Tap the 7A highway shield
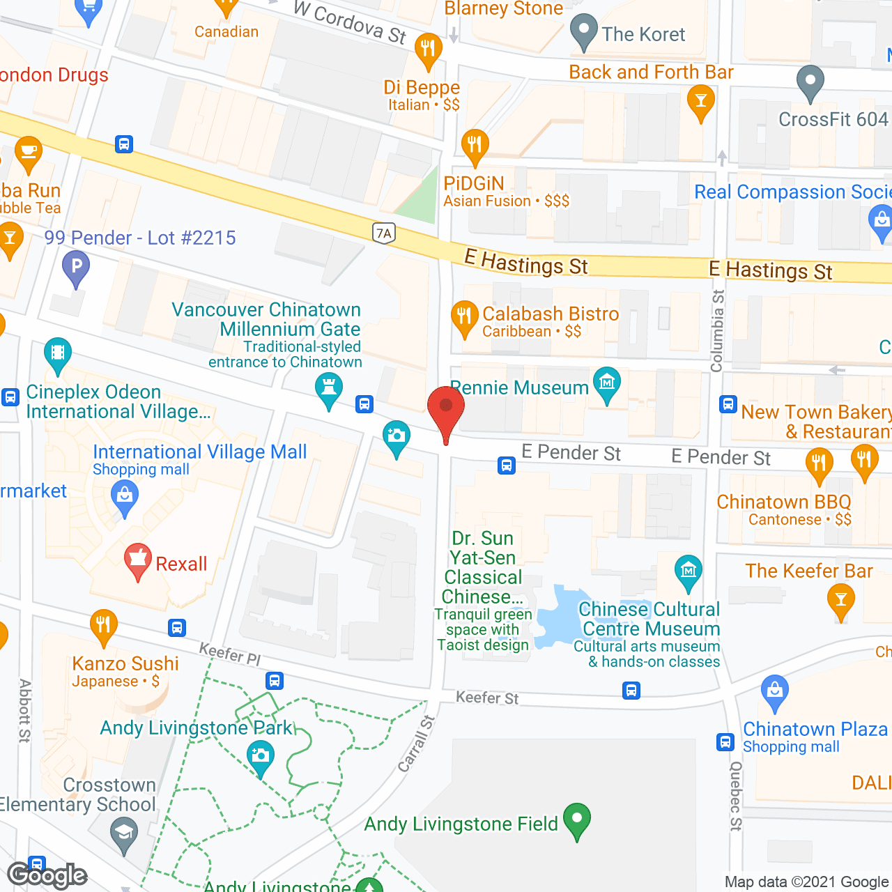(x=383, y=233)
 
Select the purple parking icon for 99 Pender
(x=76, y=268)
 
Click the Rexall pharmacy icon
(x=138, y=560)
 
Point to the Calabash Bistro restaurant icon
(x=463, y=318)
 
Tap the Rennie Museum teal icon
(x=607, y=384)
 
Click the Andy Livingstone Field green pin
(x=577, y=820)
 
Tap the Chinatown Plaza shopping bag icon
(x=774, y=692)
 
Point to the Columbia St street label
(x=717, y=331)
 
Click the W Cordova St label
(x=350, y=22)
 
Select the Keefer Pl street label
(x=230, y=654)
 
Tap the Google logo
(x=47, y=875)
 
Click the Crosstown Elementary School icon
(x=125, y=835)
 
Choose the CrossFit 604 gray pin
(x=810, y=82)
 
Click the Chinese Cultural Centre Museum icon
(x=689, y=572)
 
